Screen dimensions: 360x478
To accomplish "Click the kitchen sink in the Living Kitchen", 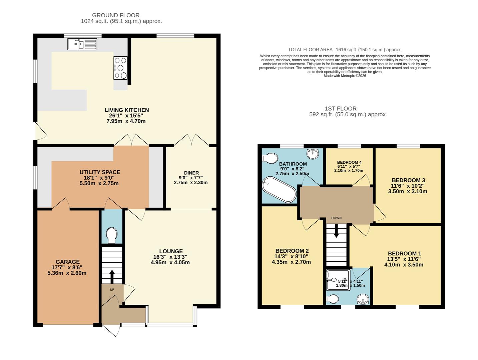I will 82,44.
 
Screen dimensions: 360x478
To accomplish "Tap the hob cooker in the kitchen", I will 120,68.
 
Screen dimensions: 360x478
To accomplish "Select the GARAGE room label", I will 68,262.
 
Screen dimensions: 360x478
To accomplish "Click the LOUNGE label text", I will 171,251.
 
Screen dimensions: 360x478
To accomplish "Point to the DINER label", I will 191,173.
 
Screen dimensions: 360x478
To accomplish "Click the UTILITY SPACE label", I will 100,172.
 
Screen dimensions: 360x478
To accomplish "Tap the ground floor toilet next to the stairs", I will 112,235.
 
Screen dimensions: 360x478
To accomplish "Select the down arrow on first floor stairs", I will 336,231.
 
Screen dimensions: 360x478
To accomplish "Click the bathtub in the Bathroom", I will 279,190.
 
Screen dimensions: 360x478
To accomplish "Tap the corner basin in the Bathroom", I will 313,154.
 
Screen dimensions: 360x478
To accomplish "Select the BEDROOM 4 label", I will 349,162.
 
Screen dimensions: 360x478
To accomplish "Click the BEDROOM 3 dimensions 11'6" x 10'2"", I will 408,186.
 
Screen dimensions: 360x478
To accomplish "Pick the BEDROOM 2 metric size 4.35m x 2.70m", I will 291,262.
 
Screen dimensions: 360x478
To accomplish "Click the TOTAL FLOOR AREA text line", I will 345,50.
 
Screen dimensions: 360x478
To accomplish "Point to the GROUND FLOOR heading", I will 116,15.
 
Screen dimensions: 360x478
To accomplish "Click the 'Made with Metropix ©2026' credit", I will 345,76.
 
